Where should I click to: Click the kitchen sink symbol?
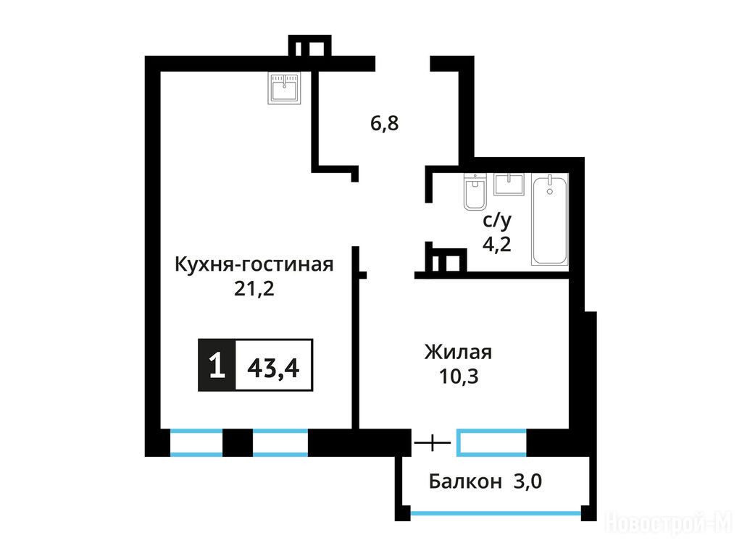(284, 88)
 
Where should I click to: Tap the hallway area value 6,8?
(384, 123)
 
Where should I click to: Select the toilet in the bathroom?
(475, 191)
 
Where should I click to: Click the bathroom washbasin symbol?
(509, 184)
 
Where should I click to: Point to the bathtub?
(549, 219)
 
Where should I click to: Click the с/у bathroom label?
(497, 220)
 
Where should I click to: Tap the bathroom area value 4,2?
(497, 244)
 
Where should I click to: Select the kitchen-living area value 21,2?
(254, 288)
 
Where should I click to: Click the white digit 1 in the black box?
(217, 365)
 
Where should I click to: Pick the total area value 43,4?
(273, 367)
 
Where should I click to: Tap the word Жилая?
(458, 353)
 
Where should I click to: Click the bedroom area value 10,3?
(459, 376)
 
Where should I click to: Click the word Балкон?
(465, 481)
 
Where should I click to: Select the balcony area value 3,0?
(528, 481)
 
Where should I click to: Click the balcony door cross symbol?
(433, 443)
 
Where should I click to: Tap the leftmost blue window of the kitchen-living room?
(196, 442)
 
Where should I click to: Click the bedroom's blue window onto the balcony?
(492, 442)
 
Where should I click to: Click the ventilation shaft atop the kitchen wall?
(309, 46)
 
